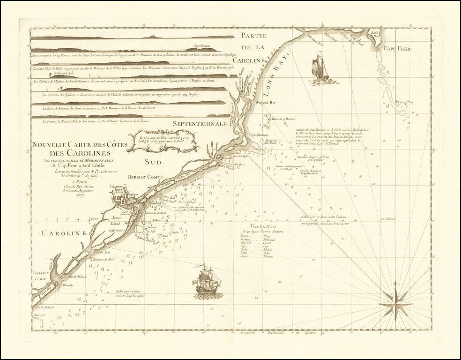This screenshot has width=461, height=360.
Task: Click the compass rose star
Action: [x=395, y=303]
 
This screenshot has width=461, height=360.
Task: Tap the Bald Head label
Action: [x=375, y=34]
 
